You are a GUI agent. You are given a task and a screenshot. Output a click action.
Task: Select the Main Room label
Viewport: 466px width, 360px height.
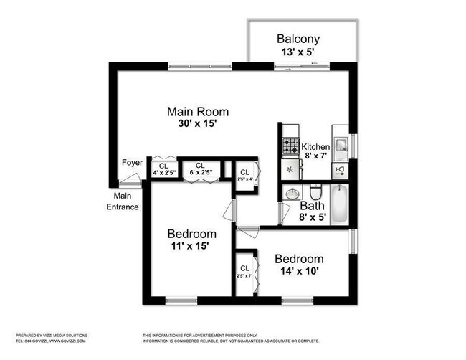coord(198,112)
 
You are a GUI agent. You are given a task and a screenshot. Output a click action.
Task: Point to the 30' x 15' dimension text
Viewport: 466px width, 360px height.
coord(198,123)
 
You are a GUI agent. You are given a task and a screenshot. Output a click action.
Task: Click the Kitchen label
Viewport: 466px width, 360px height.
coord(315,147)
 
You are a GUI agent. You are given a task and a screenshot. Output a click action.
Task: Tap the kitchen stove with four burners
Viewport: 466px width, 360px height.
coord(290,147)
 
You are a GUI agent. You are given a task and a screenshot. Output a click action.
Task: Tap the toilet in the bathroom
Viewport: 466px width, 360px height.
coord(315,193)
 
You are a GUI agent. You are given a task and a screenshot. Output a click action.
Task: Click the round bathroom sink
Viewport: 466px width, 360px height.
coord(293,194)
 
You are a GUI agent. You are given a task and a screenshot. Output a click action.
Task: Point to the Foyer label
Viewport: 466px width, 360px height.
coord(132,162)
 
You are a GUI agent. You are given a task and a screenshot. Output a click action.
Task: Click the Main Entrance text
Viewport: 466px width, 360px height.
coord(123,202)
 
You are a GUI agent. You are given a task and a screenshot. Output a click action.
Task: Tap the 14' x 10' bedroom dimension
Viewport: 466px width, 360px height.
coord(300,272)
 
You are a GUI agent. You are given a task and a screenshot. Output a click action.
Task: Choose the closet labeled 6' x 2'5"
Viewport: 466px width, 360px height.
coord(200,169)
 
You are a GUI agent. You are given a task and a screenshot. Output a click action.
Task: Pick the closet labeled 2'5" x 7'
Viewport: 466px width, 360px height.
coord(245,272)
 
